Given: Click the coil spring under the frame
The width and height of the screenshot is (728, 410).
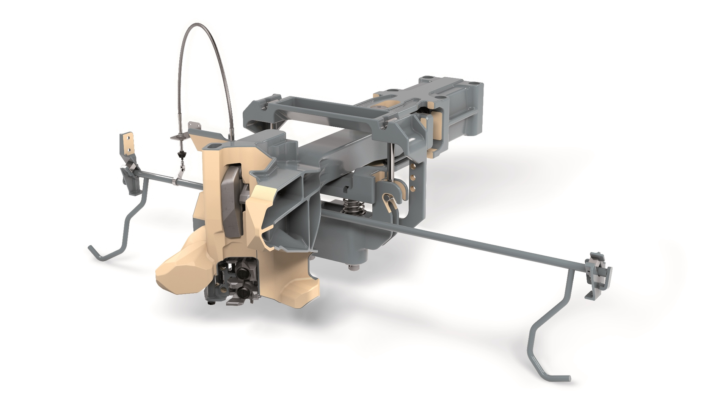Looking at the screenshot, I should click(353, 207).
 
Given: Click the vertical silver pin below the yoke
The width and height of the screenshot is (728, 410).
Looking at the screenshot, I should click(391, 163).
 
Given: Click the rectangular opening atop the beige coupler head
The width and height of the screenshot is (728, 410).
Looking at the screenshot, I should click(213, 146).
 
